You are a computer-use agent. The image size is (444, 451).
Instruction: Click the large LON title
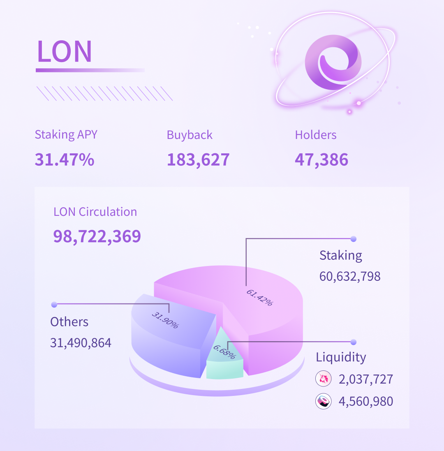pos(65,51)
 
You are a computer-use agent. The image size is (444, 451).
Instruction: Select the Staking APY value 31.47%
pos(65,160)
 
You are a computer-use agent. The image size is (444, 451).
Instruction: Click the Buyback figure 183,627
pos(198,160)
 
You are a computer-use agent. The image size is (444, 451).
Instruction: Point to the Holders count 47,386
pos(321,160)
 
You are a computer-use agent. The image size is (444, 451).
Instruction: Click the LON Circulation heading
pos(95,212)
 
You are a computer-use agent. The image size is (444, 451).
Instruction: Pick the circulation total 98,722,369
pos(97,236)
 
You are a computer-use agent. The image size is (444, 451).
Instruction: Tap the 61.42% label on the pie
pos(259,298)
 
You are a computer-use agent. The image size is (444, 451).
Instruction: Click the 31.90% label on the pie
pos(165,320)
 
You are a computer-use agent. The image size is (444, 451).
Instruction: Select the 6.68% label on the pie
pos(224,352)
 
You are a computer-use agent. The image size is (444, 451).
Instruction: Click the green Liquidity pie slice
pos(224,366)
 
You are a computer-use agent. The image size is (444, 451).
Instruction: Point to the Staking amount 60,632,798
pos(350,276)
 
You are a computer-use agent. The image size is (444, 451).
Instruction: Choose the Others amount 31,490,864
pos(81,342)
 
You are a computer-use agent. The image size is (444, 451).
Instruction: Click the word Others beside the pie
pos(69,321)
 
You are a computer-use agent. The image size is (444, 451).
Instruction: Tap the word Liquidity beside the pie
pos(341,357)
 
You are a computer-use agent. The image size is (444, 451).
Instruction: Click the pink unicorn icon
pos(323,379)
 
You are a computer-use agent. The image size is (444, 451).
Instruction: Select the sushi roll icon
pos(323,401)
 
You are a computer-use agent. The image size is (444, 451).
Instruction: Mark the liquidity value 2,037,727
pos(366,379)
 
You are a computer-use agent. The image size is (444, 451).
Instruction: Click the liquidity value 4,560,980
pos(366,401)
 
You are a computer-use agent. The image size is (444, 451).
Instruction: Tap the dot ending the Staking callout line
pos(353,239)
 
